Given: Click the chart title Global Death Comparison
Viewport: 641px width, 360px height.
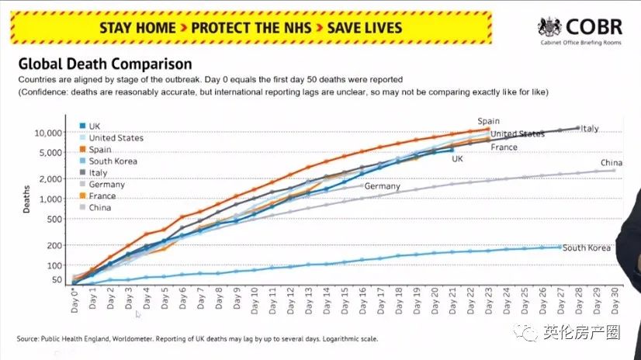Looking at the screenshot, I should (105, 64).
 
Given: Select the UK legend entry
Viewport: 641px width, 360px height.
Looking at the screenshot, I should (95, 126).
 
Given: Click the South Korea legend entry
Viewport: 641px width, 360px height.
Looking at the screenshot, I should (113, 161).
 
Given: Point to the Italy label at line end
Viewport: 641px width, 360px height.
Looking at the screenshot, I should (590, 129).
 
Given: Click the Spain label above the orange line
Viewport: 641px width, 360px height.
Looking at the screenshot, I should (489, 121).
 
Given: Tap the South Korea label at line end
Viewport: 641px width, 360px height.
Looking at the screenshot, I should (587, 248).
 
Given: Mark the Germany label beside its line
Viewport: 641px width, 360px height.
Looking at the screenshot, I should (382, 187).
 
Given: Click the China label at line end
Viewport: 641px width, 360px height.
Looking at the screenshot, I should (612, 163).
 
